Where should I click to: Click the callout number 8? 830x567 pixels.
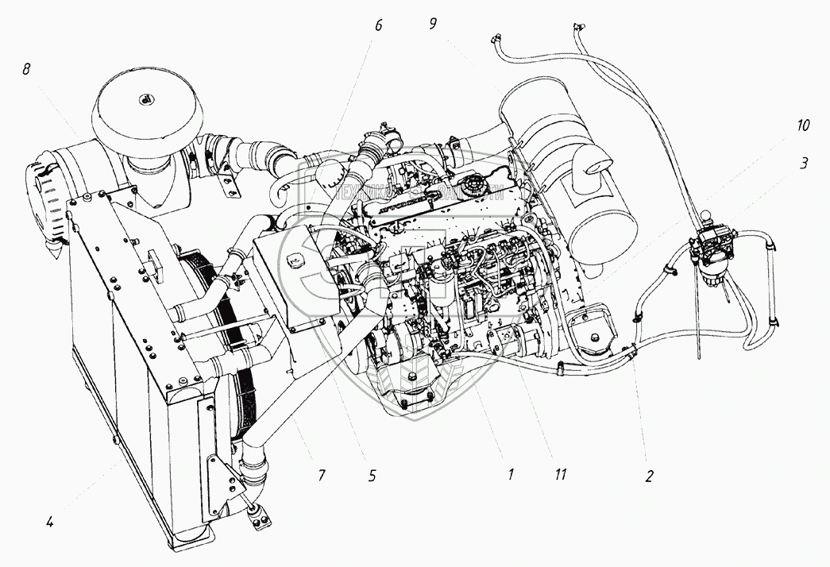point(26,70)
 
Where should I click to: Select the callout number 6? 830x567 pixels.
point(378,25)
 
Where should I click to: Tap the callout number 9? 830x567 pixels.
point(433,23)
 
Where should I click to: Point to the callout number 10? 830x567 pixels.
point(804,125)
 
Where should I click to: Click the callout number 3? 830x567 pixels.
point(804,164)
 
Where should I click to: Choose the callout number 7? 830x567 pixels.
point(322,476)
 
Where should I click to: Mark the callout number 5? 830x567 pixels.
point(372,476)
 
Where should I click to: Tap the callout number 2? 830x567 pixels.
point(649,476)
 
